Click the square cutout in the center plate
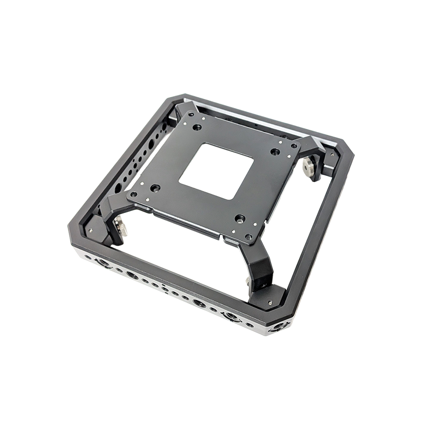[216, 171]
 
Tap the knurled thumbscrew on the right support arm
[309, 165]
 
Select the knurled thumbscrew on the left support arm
[121, 229]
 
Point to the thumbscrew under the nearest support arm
[247, 281]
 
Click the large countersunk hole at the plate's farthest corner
[197, 127]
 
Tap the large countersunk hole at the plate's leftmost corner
[155, 188]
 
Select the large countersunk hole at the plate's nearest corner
[240, 219]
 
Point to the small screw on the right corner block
[332, 153]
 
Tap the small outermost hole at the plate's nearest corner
[249, 237]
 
